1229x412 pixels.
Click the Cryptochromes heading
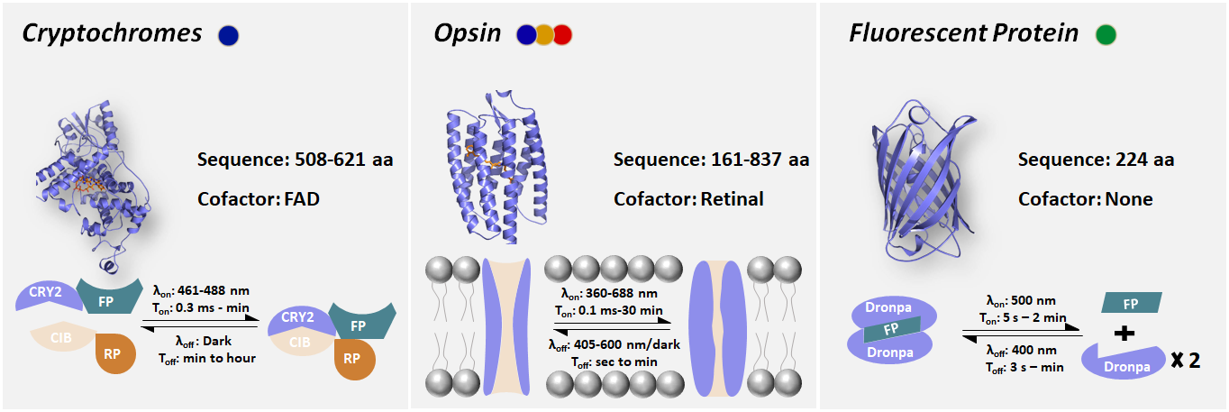pos(113,34)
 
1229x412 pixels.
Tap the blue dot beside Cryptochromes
pos(229,35)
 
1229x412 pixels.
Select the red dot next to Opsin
pos(562,35)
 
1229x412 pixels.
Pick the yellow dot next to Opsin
pos(545,35)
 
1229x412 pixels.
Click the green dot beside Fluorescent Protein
pos(1106,35)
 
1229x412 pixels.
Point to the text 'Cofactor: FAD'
pos(259,198)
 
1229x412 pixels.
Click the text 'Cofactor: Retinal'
pos(688,198)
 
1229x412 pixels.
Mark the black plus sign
pos(1124,334)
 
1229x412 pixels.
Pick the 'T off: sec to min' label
pos(615,361)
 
